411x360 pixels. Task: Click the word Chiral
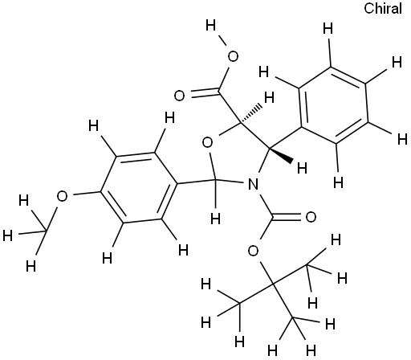pyautogui.click(x=383, y=8)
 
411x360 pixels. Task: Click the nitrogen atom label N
pyautogui.click(x=253, y=184)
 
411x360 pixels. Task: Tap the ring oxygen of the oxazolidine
pyautogui.click(x=208, y=142)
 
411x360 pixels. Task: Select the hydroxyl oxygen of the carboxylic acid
pyautogui.click(x=233, y=56)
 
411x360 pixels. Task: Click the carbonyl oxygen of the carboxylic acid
pyautogui.click(x=179, y=96)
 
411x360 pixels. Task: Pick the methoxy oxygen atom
pyautogui.click(x=62, y=196)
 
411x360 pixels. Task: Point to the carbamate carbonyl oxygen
pyautogui.click(x=311, y=217)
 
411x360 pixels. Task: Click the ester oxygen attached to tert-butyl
pyautogui.click(x=253, y=251)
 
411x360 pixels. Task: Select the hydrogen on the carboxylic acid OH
pyautogui.click(x=210, y=26)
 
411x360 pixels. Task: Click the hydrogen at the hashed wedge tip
pyautogui.click(x=269, y=97)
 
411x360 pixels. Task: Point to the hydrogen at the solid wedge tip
pyautogui.click(x=302, y=168)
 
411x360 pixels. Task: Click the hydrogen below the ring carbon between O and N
pyautogui.click(x=215, y=218)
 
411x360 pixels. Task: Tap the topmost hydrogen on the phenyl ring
pyautogui.click(x=328, y=28)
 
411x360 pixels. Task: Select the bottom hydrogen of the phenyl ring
pyautogui.click(x=338, y=182)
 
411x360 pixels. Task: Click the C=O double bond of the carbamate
pyautogui.click(x=288, y=217)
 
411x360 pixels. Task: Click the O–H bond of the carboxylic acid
pyautogui.click(x=222, y=42)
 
